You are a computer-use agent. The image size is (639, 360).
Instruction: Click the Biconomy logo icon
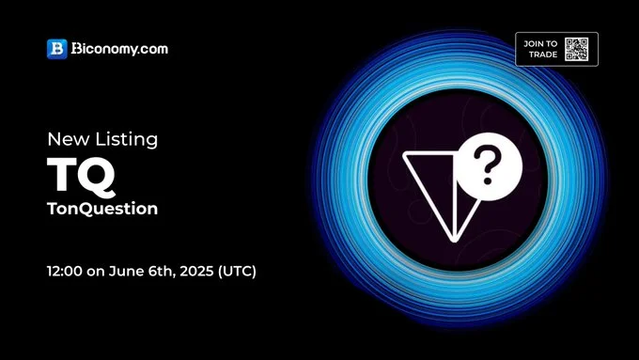(x=56, y=49)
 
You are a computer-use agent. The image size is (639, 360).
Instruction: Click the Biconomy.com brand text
(x=119, y=49)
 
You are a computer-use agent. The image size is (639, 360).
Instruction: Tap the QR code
(x=576, y=49)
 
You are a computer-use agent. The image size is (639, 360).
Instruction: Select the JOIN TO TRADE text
(x=540, y=49)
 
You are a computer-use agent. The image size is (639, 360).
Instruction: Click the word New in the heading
(x=67, y=139)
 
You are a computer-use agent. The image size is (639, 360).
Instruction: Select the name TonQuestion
(x=101, y=209)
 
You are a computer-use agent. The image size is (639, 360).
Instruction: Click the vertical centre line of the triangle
(x=455, y=193)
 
